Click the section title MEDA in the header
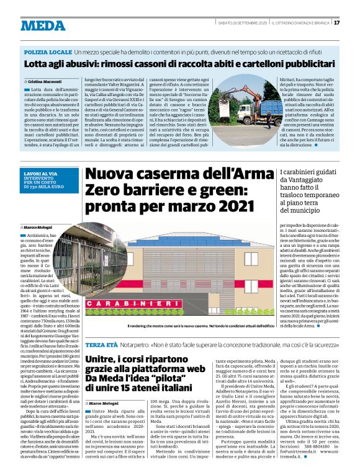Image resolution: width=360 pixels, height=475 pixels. (43, 25)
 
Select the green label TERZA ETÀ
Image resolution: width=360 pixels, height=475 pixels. (101, 344)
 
